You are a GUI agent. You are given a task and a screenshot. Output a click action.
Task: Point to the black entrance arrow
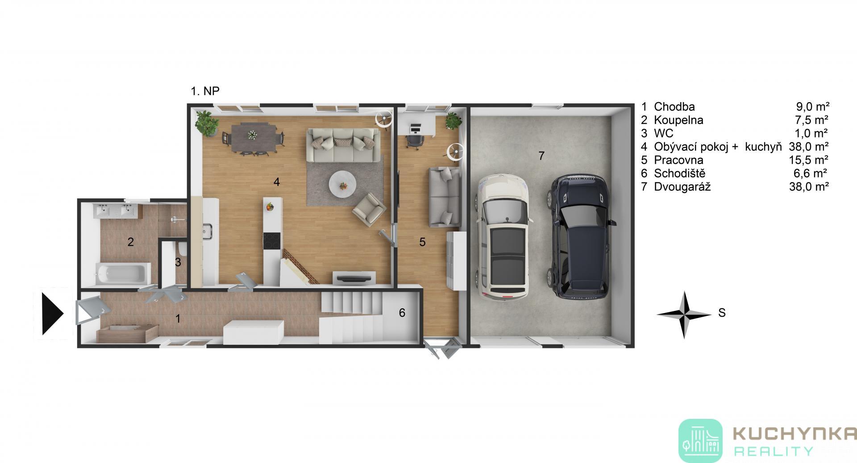(x=52, y=314)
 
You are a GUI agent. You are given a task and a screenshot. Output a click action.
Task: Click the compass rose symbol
(x=683, y=314)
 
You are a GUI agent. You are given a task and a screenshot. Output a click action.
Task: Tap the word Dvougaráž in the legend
(x=682, y=187)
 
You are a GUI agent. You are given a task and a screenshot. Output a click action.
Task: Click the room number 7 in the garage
(x=541, y=156)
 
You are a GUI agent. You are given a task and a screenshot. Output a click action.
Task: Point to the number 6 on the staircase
(x=402, y=313)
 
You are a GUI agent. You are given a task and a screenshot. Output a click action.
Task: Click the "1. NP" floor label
(x=205, y=91)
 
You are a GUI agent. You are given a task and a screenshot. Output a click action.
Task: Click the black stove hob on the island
(x=271, y=241)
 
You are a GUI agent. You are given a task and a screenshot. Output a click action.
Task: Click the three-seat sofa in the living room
(x=343, y=145)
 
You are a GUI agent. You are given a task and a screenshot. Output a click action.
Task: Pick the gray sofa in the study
(x=444, y=196)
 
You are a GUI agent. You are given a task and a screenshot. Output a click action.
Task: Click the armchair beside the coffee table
(x=369, y=210)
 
